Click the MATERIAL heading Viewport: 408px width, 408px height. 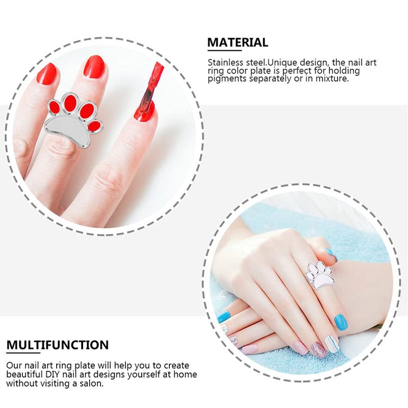coord(238,42)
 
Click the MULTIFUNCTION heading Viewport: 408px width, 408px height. coord(58,345)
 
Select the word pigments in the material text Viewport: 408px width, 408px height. coord(227,79)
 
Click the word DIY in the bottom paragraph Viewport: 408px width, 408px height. coord(53,374)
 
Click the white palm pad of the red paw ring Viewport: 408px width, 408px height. coord(68,132)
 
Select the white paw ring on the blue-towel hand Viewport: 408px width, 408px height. coord(320,276)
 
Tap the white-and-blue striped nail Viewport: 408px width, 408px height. coord(332,343)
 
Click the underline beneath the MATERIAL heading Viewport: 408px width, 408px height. coord(224,50)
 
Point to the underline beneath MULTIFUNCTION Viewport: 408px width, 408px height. coord(23,353)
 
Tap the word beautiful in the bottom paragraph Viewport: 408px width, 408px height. coord(24,374)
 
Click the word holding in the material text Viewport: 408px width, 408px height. coord(344,71)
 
